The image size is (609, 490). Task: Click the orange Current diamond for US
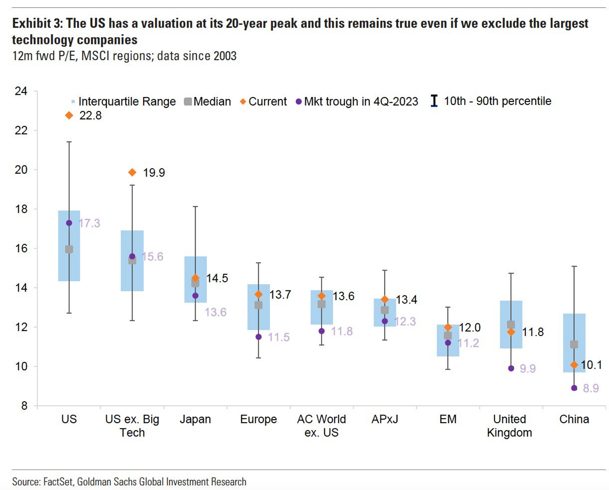[69, 115]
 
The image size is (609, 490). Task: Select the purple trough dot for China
[574, 388]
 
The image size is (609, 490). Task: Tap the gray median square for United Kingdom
[511, 324]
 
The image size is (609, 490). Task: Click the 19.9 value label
[154, 172]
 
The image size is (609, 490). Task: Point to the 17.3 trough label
[90, 223]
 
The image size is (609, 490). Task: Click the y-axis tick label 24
[21, 91]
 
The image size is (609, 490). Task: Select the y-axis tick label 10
[21, 367]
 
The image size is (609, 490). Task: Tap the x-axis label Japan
[195, 419]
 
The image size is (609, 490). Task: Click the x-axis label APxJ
[384, 419]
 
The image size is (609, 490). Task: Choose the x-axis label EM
[448, 419]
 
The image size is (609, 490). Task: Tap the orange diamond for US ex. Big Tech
[132, 172]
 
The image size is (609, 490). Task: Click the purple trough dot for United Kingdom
[511, 368]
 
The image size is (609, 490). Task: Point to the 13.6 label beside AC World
[343, 296]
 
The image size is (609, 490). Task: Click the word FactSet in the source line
[58, 482]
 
